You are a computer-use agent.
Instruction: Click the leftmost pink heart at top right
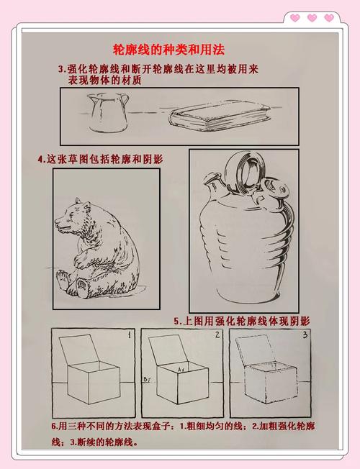[294, 18]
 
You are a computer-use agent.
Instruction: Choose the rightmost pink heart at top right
[329, 18]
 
